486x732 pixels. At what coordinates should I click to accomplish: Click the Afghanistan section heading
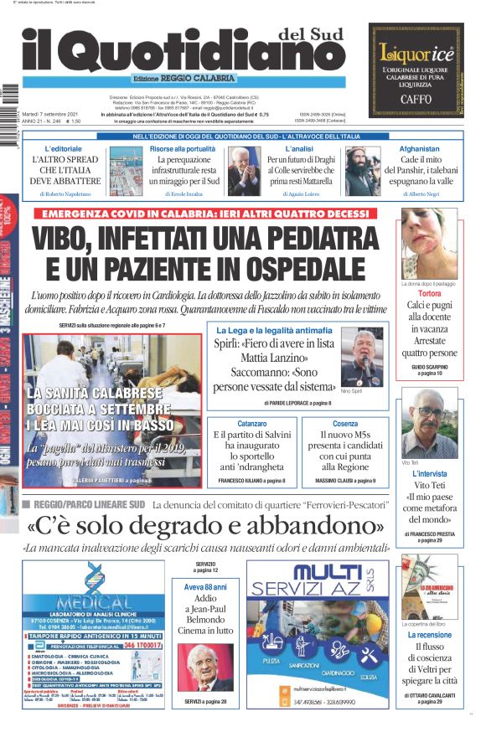pos(420,148)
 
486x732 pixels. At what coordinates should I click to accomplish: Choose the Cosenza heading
pos(344,424)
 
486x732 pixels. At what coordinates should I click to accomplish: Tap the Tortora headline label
pos(429,295)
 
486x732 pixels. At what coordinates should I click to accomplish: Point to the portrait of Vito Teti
pos(428,423)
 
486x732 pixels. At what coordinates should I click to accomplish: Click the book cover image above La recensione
pos(428,586)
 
